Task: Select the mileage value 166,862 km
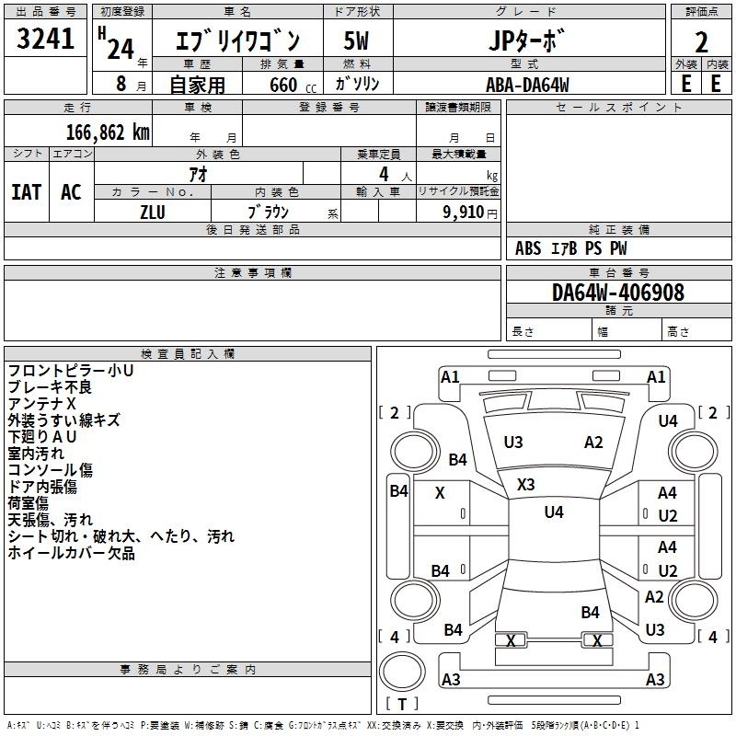tap(108, 132)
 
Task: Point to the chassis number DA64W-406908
tap(617, 293)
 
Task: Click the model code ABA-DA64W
tap(527, 85)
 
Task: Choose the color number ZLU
tap(153, 211)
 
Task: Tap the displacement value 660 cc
tap(283, 85)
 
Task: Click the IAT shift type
tap(26, 192)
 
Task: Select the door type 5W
tap(356, 42)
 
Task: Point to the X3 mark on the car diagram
tap(526, 484)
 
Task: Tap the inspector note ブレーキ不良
tap(50, 387)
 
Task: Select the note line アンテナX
tap(42, 404)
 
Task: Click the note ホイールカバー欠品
tap(71, 553)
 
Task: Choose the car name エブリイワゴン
tap(237, 42)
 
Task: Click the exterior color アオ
tap(197, 173)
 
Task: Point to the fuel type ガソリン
tap(357, 85)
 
